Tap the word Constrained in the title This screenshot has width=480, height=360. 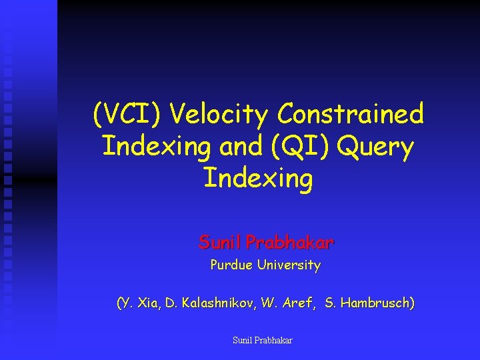(x=351, y=115)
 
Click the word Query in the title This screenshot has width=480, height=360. (x=376, y=147)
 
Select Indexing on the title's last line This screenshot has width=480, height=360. (x=257, y=179)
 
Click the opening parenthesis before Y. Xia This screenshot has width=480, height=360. (x=119, y=304)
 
